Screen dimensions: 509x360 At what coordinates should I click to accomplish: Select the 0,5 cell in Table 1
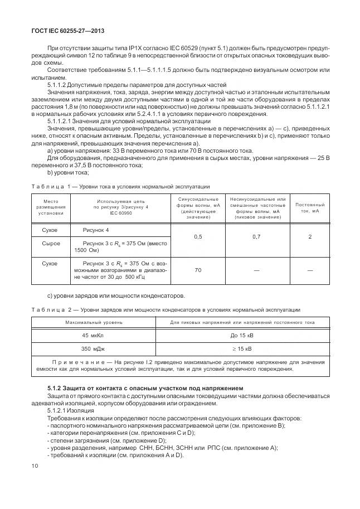[x=197, y=237]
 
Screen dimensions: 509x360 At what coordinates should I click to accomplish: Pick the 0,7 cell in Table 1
[x=256, y=237]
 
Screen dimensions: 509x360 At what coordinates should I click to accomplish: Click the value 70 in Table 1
[x=197, y=270]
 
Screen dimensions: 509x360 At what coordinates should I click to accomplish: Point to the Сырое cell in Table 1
[x=51, y=244]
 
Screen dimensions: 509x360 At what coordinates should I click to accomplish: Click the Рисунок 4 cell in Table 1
[x=96, y=230]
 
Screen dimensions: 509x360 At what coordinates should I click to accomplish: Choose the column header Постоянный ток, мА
[x=310, y=207]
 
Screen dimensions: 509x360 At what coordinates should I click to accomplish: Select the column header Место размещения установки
[x=51, y=207]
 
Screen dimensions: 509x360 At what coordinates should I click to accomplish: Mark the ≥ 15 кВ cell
[x=241, y=349]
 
